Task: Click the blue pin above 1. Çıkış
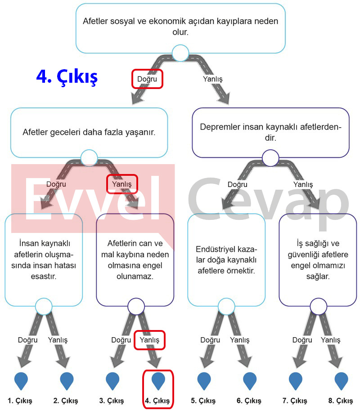(21, 380)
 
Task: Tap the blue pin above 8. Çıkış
(341, 380)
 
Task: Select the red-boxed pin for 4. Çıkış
(158, 380)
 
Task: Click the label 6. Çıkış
(249, 401)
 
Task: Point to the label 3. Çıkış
(112, 401)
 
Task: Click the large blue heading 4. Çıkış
(67, 77)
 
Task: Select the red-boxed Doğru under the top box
(147, 79)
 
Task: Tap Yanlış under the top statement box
(213, 79)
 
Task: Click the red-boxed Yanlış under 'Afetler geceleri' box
(122, 184)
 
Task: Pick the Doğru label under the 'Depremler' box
(237, 184)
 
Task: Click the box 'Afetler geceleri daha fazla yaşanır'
(89, 133)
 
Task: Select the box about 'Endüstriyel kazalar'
(226, 260)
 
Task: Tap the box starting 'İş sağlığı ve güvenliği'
(318, 260)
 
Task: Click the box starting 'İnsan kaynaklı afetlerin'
(44, 260)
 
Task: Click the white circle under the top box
(180, 53)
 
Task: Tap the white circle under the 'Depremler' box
(270, 158)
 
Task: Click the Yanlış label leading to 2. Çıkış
(58, 340)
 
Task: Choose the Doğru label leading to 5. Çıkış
(210, 340)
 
